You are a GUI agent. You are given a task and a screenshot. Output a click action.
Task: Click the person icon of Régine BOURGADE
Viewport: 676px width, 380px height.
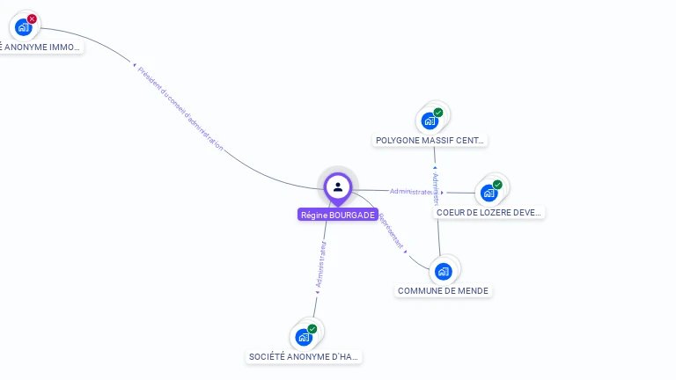click(338, 186)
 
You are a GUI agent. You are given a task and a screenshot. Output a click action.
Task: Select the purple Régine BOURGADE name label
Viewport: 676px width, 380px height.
click(338, 215)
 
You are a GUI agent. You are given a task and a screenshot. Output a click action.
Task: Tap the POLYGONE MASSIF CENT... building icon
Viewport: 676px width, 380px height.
click(430, 121)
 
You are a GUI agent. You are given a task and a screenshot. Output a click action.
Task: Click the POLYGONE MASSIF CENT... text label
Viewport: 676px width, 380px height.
click(430, 140)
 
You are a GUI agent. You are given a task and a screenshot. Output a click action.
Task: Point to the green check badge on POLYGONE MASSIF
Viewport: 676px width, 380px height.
click(437, 113)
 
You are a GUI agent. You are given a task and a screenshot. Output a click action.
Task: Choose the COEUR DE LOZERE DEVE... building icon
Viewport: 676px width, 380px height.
click(489, 193)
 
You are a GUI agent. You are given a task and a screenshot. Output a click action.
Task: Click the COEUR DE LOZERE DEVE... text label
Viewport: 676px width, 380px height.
click(490, 212)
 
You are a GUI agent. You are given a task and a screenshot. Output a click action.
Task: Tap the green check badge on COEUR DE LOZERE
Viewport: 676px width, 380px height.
click(497, 185)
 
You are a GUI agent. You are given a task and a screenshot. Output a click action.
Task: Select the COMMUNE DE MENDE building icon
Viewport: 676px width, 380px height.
click(443, 271)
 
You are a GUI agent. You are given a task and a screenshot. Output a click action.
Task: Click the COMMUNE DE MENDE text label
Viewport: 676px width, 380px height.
click(443, 290)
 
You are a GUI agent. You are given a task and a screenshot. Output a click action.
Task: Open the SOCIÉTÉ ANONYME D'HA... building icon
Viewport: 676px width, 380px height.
click(304, 337)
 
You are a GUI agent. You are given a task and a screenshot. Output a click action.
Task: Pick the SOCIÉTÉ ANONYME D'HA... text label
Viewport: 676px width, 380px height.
click(305, 356)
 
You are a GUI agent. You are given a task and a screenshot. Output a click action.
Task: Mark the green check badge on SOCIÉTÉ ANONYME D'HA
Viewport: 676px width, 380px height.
click(312, 329)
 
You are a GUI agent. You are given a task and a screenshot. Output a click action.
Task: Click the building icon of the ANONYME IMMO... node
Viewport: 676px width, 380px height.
click(24, 26)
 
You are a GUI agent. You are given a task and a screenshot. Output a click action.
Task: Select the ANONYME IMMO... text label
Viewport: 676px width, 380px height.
click(40, 47)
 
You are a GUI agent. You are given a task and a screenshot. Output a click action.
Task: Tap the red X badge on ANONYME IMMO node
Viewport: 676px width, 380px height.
click(32, 18)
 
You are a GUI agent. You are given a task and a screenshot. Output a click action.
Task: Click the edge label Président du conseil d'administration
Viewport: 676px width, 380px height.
click(180, 109)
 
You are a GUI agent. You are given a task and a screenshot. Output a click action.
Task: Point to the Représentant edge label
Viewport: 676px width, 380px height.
click(392, 230)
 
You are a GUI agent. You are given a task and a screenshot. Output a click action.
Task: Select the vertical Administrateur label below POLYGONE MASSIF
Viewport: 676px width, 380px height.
click(436, 189)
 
